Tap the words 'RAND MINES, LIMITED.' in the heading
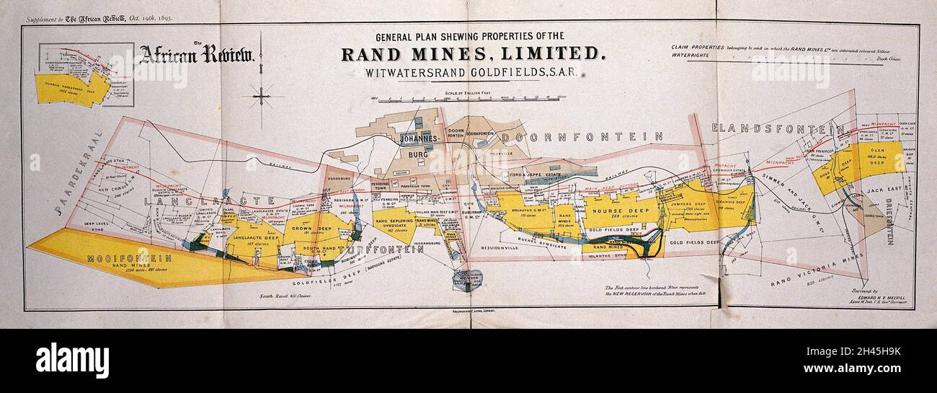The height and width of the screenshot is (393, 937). click(x=472, y=54)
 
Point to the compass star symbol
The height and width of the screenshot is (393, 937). click(x=261, y=95)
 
